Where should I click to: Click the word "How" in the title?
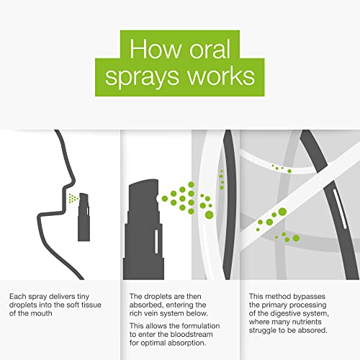(156, 49)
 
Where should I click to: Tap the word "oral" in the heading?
(210, 49)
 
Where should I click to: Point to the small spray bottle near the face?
(84, 217)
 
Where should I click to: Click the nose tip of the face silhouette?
(74, 181)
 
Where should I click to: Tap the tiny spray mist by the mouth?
(73, 198)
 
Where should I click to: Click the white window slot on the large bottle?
(156, 241)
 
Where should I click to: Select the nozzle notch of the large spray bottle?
(158, 199)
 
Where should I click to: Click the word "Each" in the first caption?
(18, 297)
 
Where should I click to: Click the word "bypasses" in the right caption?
(310, 297)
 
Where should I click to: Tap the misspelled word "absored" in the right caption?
(313, 330)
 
